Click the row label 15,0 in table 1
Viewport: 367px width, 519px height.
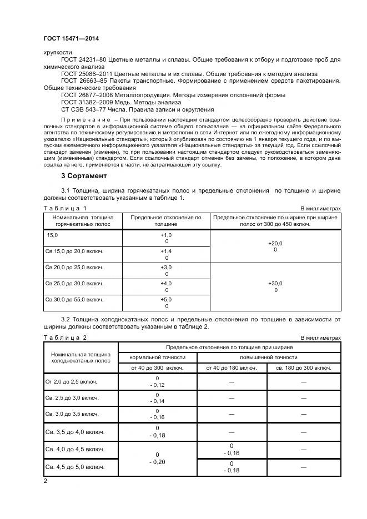click(x=52, y=236)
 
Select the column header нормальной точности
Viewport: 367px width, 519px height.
click(x=158, y=357)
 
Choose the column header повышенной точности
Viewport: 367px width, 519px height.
click(x=268, y=357)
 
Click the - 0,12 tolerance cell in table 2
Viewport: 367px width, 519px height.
click(x=158, y=385)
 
